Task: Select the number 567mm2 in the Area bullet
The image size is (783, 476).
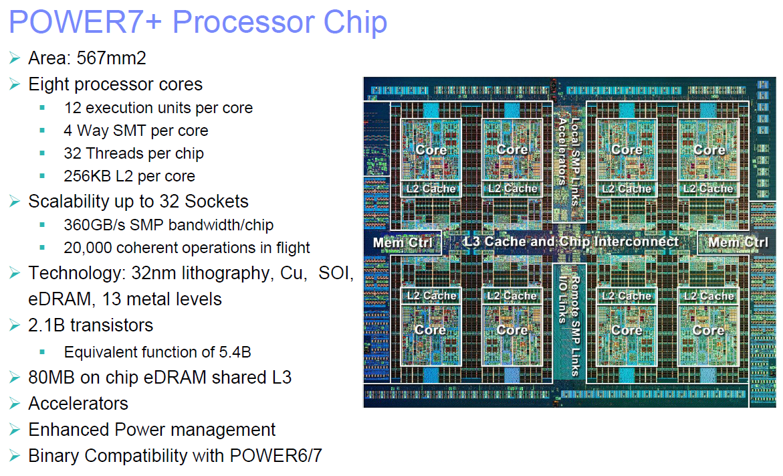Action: [112, 58]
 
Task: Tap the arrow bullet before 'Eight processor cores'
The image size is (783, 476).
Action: [15, 84]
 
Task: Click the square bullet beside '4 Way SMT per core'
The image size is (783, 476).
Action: [42, 131]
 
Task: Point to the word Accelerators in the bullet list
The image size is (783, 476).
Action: [78, 404]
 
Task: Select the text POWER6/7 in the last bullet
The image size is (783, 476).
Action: [276, 456]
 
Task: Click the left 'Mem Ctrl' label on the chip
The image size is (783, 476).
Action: [403, 242]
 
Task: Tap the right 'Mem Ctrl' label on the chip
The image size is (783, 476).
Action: [738, 242]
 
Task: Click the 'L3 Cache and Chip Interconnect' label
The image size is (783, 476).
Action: [571, 242]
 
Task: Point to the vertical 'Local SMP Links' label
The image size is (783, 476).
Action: [575, 161]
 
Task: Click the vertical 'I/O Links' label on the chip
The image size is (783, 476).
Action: [563, 299]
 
